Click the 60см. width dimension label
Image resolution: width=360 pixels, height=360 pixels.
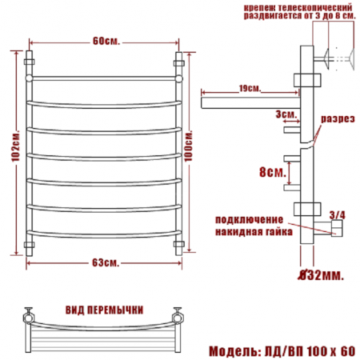(106, 42)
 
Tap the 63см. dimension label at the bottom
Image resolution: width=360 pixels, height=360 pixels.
(106, 263)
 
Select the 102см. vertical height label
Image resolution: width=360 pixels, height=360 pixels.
(16, 146)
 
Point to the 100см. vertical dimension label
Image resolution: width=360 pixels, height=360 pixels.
(188, 146)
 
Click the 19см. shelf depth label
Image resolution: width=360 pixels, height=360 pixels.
(250, 88)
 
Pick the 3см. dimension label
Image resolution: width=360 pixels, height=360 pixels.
(286, 114)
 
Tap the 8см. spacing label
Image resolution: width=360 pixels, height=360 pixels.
(273, 172)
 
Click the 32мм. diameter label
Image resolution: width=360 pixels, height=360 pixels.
(321, 275)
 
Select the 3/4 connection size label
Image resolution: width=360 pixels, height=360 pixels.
(338, 215)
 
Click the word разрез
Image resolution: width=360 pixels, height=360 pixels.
(338, 119)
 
